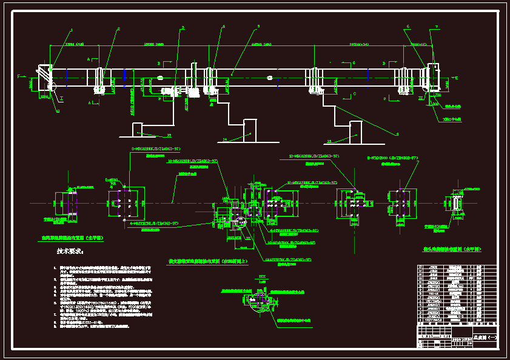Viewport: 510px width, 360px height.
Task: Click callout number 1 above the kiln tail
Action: click(x=71, y=29)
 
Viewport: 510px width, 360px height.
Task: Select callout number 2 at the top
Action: click(x=118, y=29)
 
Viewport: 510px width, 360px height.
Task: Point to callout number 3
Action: click(x=182, y=28)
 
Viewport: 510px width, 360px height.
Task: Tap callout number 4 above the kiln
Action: click(x=223, y=27)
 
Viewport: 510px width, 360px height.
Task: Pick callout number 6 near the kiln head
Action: click(x=408, y=27)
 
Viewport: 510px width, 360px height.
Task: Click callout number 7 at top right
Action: click(x=435, y=27)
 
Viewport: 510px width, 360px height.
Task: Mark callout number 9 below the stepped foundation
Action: click(x=397, y=134)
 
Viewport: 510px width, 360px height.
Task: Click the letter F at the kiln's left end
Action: click(x=19, y=76)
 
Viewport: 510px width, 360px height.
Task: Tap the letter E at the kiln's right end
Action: click(x=456, y=78)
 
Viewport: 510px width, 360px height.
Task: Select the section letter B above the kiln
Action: click(x=158, y=62)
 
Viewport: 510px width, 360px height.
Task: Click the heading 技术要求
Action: click(x=70, y=250)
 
